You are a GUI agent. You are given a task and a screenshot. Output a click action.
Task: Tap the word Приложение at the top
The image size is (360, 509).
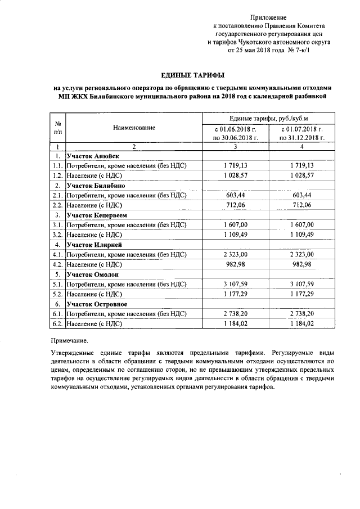(268, 19)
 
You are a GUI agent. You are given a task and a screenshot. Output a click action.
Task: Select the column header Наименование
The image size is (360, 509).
(133, 128)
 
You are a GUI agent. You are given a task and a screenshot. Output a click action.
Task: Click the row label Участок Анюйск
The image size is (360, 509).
(92, 156)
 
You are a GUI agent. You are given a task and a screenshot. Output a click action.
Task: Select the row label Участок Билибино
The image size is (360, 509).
(96, 186)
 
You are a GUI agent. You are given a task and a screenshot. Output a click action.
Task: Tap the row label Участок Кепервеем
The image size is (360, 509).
(97, 215)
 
